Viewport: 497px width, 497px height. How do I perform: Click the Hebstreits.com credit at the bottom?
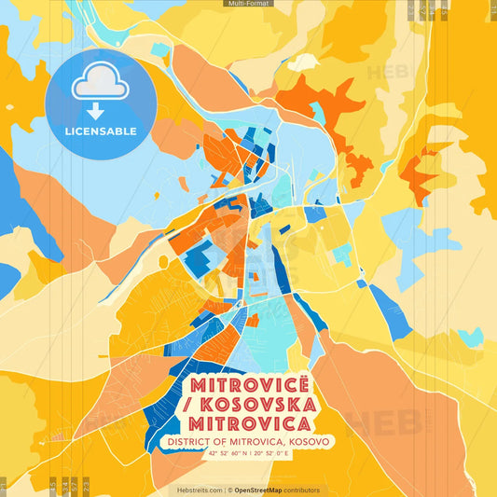(x=200, y=490)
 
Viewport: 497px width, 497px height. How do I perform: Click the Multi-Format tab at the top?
(x=248, y=4)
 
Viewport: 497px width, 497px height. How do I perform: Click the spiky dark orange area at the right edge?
(x=420, y=163)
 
